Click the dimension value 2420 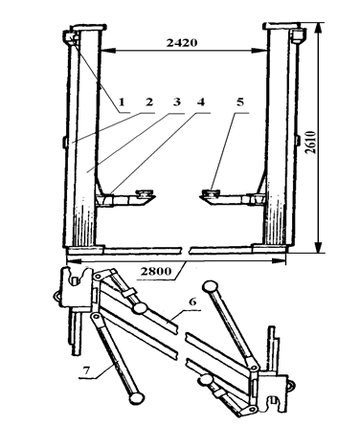click(x=182, y=42)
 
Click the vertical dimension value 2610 click(x=310, y=142)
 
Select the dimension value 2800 click(x=156, y=272)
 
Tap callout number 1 click(x=122, y=102)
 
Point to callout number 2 click(x=149, y=102)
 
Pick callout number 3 click(x=176, y=101)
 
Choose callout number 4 click(x=200, y=102)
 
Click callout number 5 click(x=240, y=101)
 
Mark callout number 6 click(x=192, y=302)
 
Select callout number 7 click(x=86, y=370)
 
